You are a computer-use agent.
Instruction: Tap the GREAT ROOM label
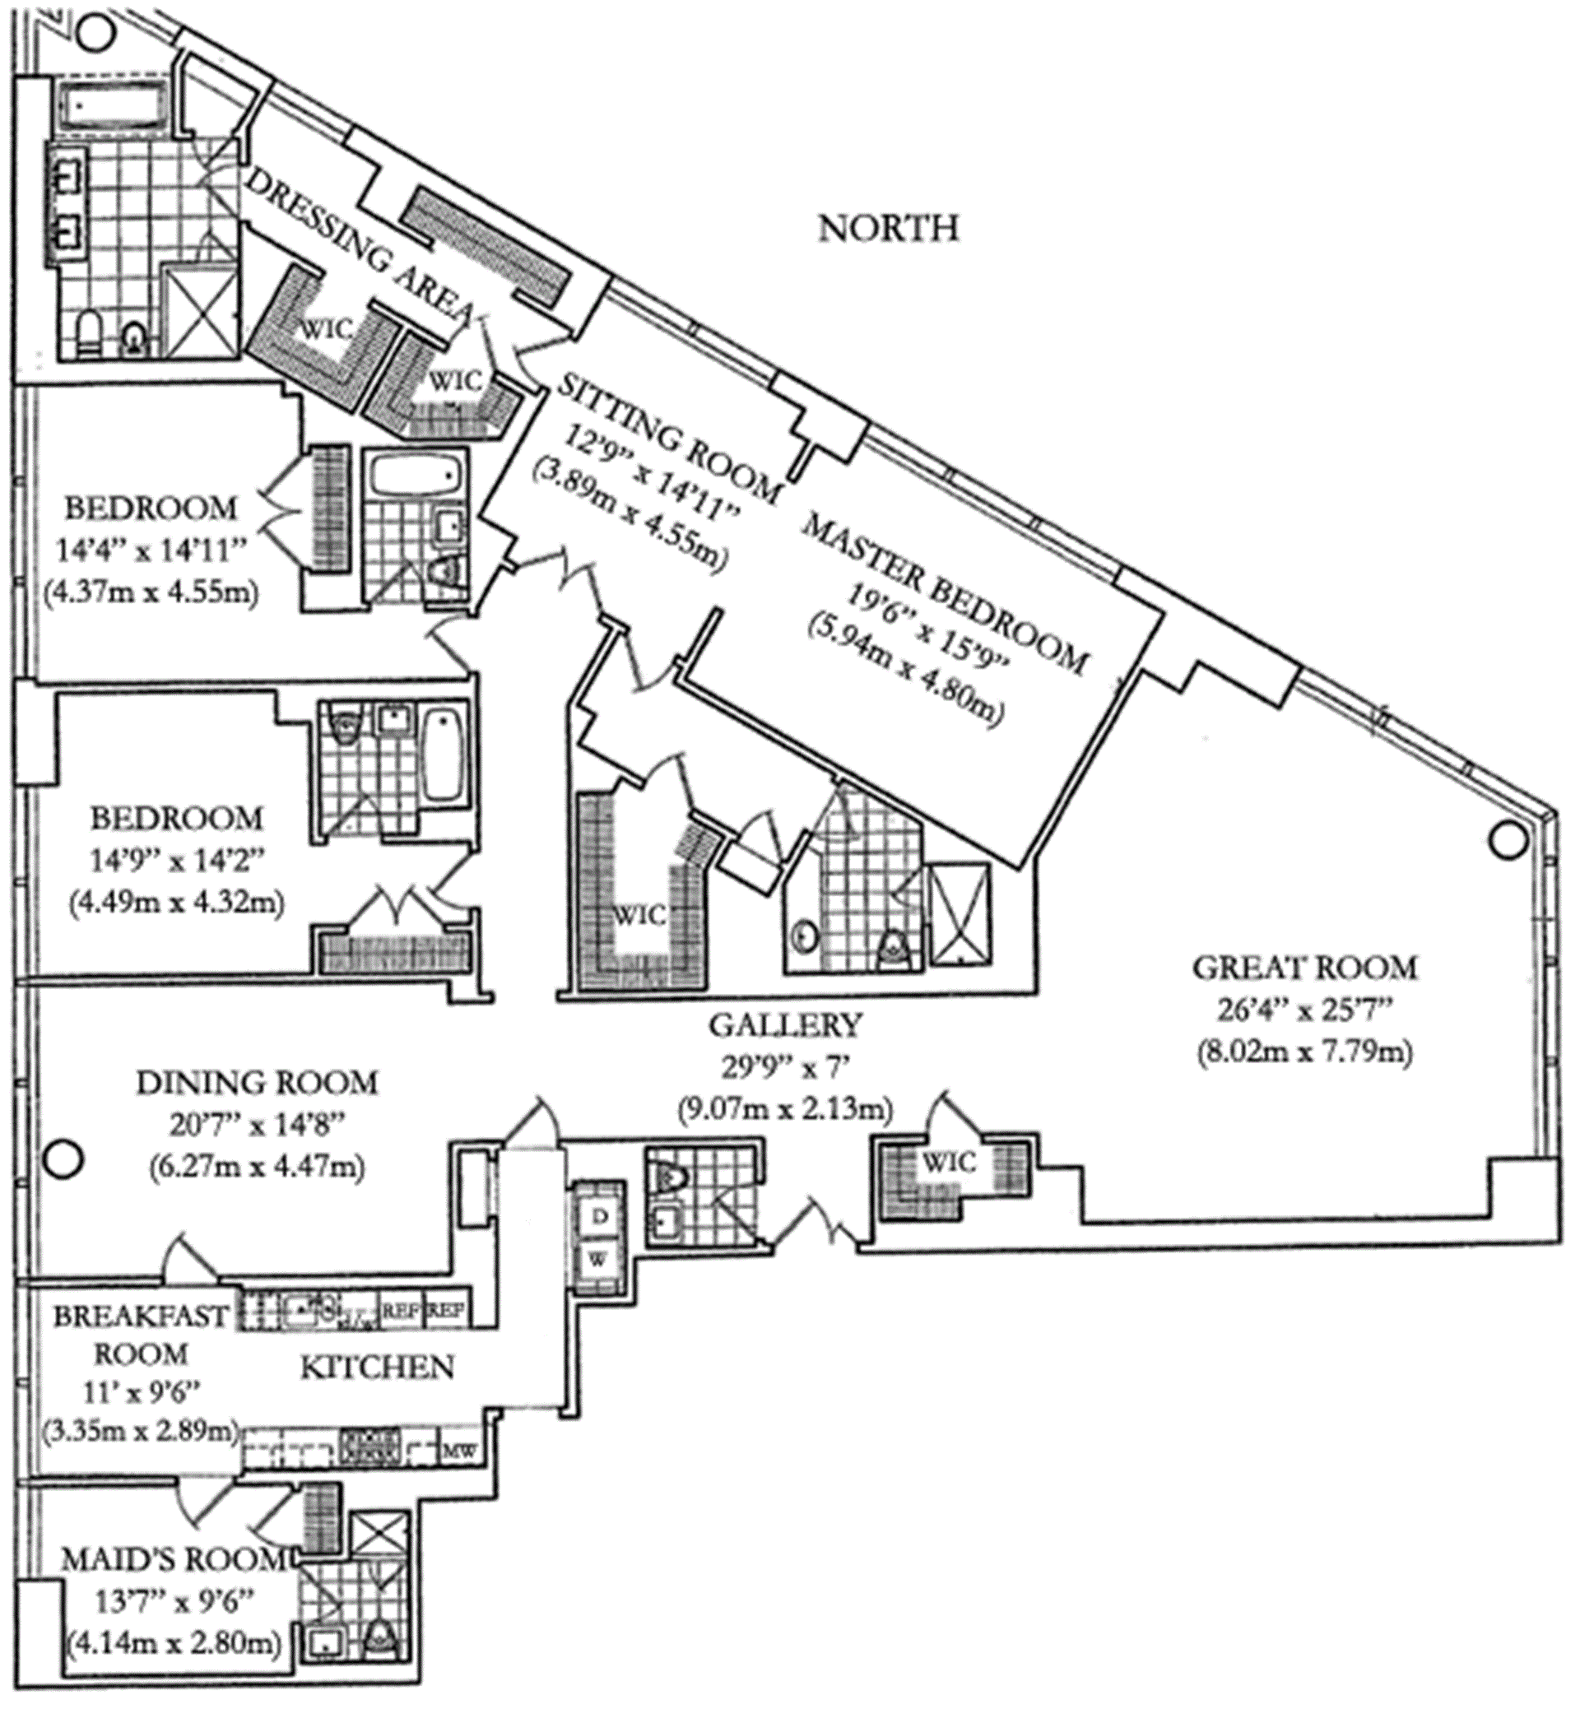coord(1304,968)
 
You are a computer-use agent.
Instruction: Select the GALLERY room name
coord(785,1024)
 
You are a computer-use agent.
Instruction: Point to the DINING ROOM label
coord(257,1083)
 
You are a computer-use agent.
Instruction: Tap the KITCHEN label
coord(377,1367)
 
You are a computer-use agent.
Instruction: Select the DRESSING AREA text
coord(359,244)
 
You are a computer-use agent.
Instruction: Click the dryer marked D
coord(600,1217)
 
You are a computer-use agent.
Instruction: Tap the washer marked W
coord(599,1259)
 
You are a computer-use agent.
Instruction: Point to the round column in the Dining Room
coord(63,1160)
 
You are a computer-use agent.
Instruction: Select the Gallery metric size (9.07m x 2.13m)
coord(785,1110)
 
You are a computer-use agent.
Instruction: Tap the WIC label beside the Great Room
coord(949,1162)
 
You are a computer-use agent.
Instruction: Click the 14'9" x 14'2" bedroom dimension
coord(176,860)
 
